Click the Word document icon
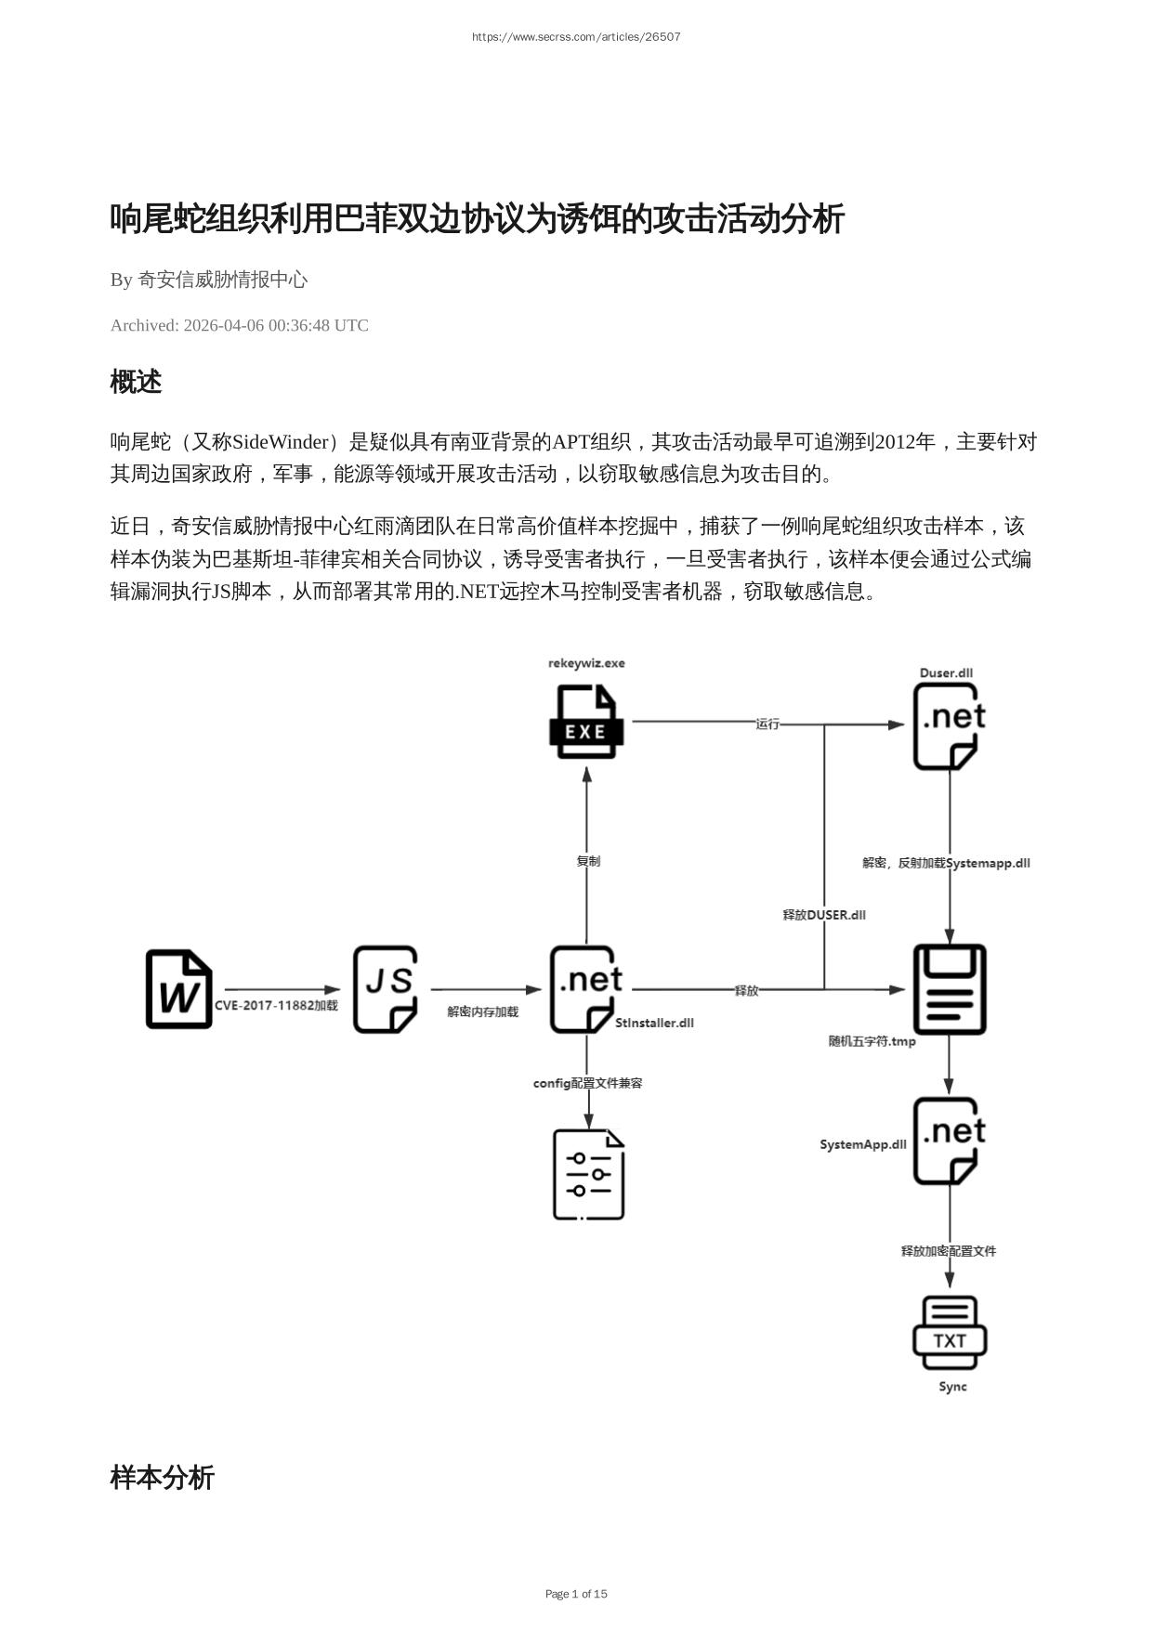[178, 989]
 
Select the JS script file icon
[385, 989]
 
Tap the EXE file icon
[585, 722]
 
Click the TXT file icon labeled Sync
[949, 1333]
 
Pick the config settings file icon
[588, 1174]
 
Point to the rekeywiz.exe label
[586, 663]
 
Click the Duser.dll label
[946, 673]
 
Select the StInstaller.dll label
[654, 1023]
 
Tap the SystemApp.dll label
[862, 1144]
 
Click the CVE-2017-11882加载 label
[276, 1005]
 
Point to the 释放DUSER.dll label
[824, 915]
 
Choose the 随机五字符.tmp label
[872, 1041]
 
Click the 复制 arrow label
[588, 861]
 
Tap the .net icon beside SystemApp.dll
[949, 1141]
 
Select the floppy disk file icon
[949, 989]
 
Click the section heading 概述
[136, 382]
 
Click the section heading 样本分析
[162, 1478]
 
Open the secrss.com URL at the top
[576, 37]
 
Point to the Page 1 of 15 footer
[576, 1594]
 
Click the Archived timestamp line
[239, 325]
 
